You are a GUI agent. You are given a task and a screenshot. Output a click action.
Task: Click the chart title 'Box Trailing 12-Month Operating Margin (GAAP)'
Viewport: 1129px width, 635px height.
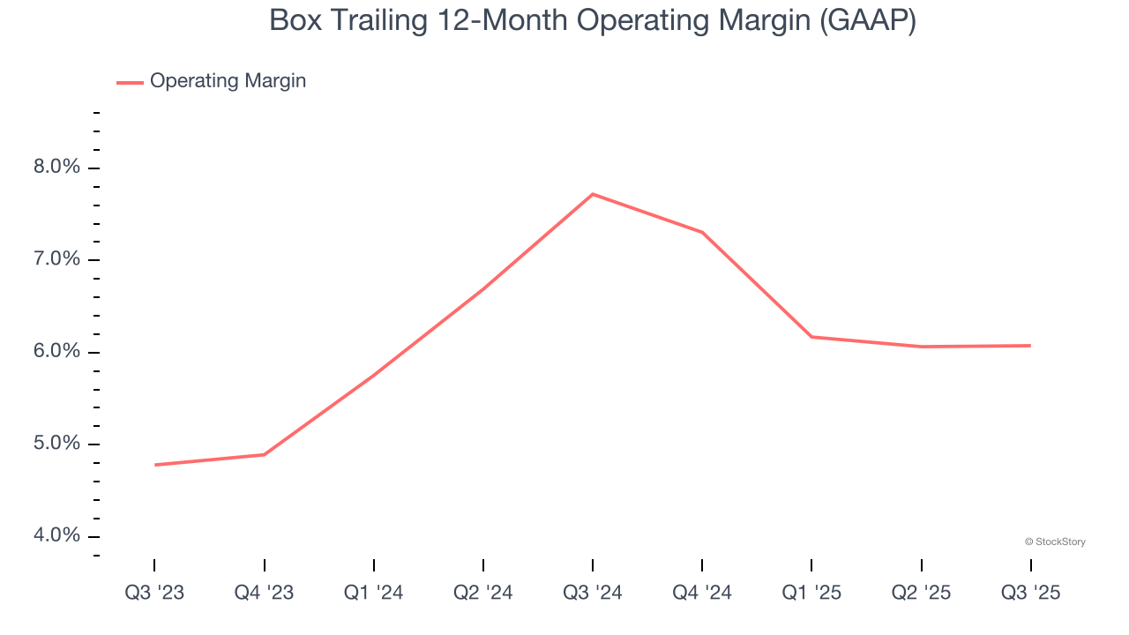point(592,20)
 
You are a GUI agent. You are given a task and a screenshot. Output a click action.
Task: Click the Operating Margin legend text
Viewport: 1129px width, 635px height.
point(228,81)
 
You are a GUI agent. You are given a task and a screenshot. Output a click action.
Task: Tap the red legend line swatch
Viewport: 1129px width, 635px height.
point(130,83)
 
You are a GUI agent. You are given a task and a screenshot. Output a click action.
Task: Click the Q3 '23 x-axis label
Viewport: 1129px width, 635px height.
point(154,593)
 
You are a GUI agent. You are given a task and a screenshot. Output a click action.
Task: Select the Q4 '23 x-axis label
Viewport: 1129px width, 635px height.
point(264,593)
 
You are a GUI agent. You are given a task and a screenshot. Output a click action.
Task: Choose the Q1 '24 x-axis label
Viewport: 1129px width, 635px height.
point(374,593)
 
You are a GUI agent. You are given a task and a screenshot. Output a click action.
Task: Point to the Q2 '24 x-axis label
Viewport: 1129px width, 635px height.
point(483,593)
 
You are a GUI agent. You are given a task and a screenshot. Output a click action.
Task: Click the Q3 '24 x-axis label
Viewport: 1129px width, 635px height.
point(593,593)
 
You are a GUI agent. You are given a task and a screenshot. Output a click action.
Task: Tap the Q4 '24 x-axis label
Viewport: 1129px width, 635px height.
point(702,593)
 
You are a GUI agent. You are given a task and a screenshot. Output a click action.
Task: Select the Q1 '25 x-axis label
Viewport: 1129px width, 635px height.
point(811,593)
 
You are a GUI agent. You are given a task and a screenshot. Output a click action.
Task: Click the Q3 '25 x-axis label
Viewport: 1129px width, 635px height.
point(1030,593)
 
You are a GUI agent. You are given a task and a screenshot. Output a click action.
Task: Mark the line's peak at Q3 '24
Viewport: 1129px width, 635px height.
point(593,194)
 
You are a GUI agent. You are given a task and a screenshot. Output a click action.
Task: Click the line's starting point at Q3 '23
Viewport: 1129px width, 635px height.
point(155,465)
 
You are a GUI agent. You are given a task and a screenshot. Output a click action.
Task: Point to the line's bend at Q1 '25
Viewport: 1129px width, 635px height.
point(811,337)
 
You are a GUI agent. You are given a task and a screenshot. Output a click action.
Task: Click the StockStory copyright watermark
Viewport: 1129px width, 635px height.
point(1055,542)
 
